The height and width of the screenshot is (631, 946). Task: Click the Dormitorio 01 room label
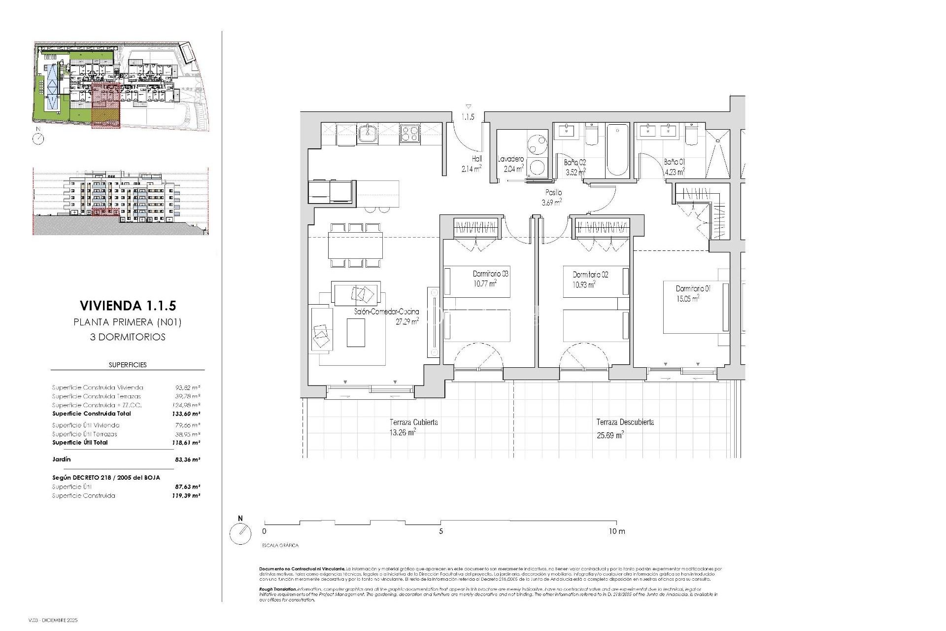pyautogui.click(x=693, y=288)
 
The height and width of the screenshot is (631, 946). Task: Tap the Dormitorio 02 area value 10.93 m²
pyautogui.click(x=584, y=284)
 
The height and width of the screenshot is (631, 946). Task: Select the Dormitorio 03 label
pyautogui.click(x=490, y=274)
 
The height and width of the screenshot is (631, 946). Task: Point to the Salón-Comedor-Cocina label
pyautogui.click(x=386, y=312)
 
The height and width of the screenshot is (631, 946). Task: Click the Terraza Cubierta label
pyautogui.click(x=413, y=422)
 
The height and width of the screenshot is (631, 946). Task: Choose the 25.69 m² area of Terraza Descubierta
pyautogui.click(x=610, y=435)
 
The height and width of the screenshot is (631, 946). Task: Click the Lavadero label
pyautogui.click(x=510, y=159)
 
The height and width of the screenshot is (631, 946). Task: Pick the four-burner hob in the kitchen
pyautogui.click(x=409, y=134)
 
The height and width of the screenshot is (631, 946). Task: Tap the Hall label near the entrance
pyautogui.click(x=476, y=159)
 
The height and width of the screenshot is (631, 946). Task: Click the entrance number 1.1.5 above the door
pyautogui.click(x=468, y=117)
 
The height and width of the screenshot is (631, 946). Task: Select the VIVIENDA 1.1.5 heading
pyautogui.click(x=127, y=306)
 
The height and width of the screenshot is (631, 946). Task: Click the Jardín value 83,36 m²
pyautogui.click(x=187, y=459)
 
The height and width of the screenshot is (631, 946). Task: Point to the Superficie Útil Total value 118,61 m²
pyautogui.click(x=187, y=443)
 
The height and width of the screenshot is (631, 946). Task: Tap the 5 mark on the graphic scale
pyautogui.click(x=441, y=531)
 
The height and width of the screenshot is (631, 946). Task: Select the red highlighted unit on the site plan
pyautogui.click(x=106, y=105)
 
